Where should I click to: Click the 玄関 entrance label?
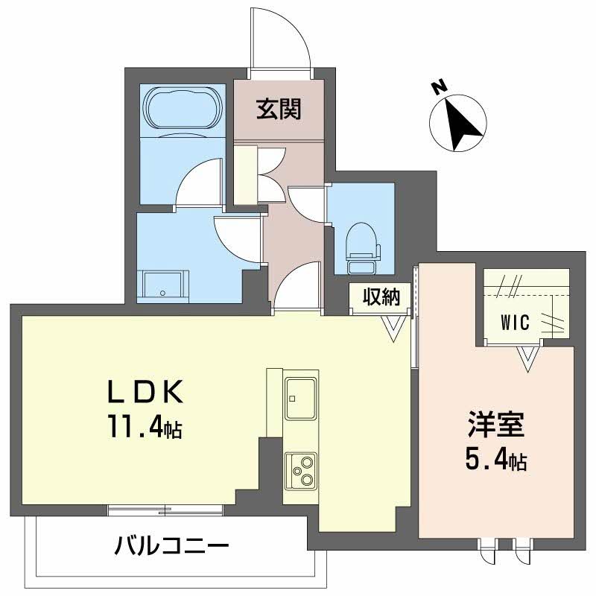pos(279,110)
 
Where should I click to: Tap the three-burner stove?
pos(301,469)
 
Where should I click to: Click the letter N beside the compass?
pos(440,87)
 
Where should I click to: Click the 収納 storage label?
pos(381,297)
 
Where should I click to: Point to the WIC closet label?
pos(514,323)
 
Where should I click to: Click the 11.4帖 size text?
pos(145,428)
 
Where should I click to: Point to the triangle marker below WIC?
pos(528,358)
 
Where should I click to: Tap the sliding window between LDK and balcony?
pos(165,510)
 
